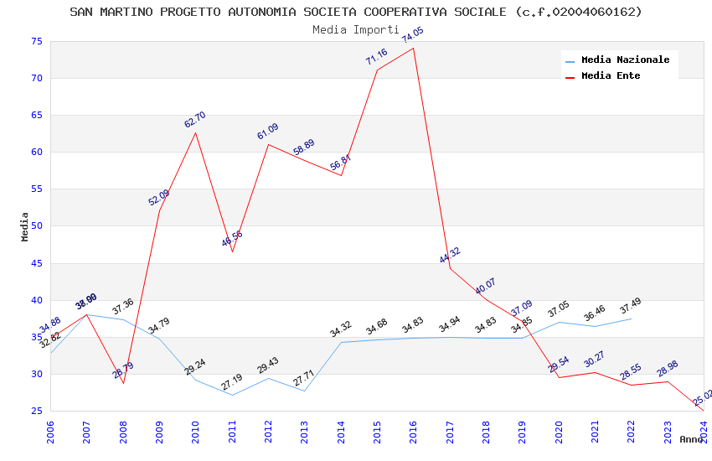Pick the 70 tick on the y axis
pyautogui.click(x=36, y=79)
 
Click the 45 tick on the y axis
pyautogui.click(x=36, y=263)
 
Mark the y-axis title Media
pyautogui.click(x=25, y=226)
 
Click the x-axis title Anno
pyautogui.click(x=691, y=439)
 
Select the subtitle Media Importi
pyautogui.click(x=356, y=29)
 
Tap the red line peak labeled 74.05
pyautogui.click(x=414, y=48)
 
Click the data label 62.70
pyautogui.click(x=195, y=120)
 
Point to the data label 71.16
pyautogui.click(x=376, y=57)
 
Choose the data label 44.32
pyautogui.click(x=450, y=256)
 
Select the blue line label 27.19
pyautogui.click(x=231, y=382)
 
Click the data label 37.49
pyautogui.click(x=630, y=308)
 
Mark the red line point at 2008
pyautogui.click(x=123, y=383)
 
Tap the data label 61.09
pyautogui.click(x=268, y=132)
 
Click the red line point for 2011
pyautogui.click(x=232, y=251)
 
